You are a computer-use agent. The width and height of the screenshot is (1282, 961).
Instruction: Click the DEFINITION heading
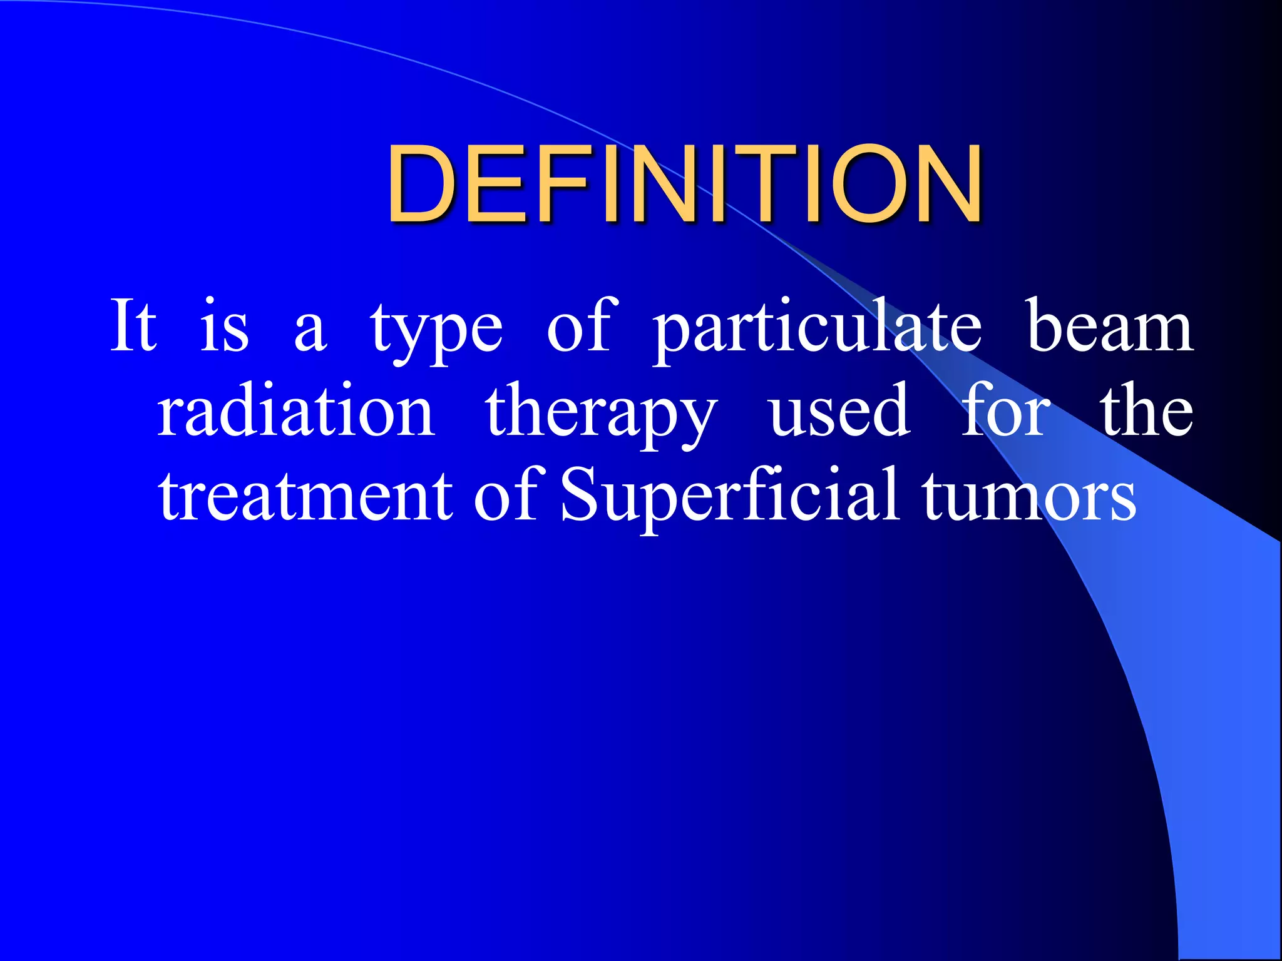click(x=684, y=184)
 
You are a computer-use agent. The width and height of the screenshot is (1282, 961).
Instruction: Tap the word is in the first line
click(x=224, y=327)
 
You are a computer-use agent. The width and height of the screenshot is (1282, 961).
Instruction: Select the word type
click(x=436, y=332)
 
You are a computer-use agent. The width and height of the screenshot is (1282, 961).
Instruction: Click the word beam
click(x=1109, y=327)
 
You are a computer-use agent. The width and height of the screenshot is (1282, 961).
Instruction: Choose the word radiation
click(x=295, y=412)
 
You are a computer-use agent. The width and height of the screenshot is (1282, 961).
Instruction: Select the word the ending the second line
click(x=1147, y=410)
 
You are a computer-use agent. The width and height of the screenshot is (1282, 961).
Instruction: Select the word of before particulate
click(x=578, y=325)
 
